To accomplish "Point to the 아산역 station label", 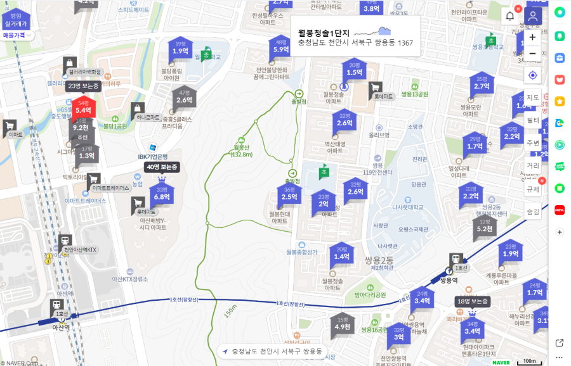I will [61, 327].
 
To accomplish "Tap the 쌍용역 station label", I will [447, 279].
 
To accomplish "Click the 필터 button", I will [533, 120].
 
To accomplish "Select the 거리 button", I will [533, 165].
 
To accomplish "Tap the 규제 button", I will [533, 189].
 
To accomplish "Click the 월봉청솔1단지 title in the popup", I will [324, 33].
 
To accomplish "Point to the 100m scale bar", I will [528, 362].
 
